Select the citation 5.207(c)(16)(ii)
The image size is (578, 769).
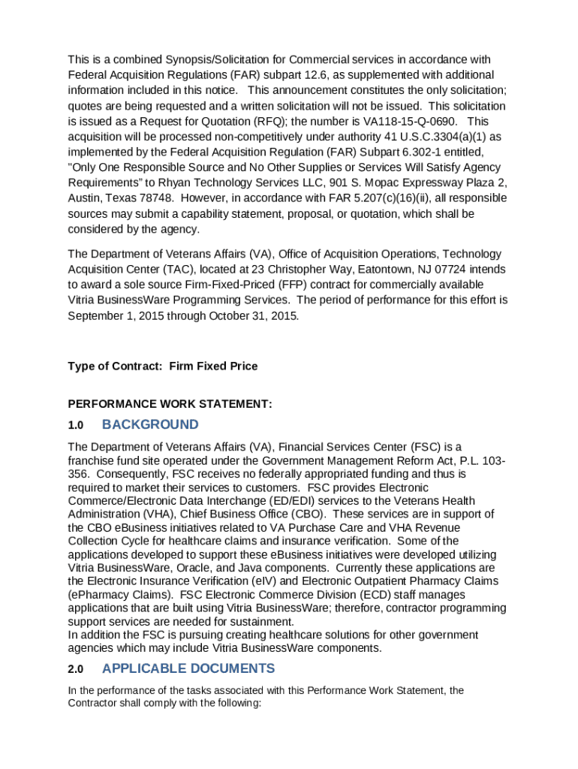coord(405,199)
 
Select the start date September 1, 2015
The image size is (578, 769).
coord(117,316)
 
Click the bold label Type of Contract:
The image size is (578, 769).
coord(116,366)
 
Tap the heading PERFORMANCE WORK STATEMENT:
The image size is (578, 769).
coord(170,404)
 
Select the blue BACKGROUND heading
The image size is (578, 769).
coord(150,425)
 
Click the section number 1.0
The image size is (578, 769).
coord(75,426)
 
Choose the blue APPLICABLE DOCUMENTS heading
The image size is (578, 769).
coord(188,669)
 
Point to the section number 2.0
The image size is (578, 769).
coord(75,670)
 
